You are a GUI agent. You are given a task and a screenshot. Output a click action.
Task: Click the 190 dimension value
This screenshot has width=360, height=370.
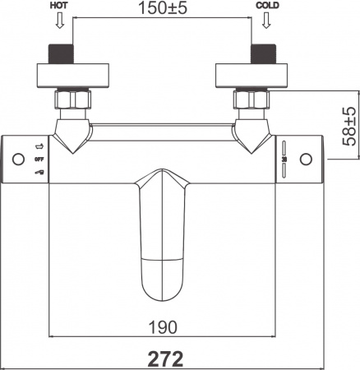tap(164, 327)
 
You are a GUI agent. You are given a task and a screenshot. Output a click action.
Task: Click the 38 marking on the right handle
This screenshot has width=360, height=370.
tap(283, 160)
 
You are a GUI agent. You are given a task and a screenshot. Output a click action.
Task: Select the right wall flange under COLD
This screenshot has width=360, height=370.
tap(252, 76)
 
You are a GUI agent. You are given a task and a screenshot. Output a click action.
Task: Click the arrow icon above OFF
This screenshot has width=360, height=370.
tap(38, 146)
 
